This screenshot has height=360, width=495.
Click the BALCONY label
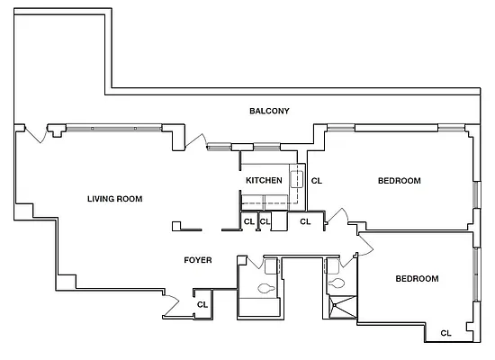(x=269, y=112)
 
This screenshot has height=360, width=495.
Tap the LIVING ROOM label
(x=114, y=199)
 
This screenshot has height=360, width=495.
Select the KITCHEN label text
(x=264, y=181)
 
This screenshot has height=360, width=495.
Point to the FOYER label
(x=198, y=260)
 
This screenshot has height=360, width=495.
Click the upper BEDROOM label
(x=399, y=181)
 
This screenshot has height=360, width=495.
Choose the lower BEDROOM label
(x=417, y=279)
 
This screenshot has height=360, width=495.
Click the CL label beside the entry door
(x=203, y=305)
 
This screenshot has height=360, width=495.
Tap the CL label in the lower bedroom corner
(x=445, y=334)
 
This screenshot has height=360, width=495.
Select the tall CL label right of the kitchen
(x=316, y=181)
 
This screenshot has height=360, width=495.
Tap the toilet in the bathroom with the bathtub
(x=266, y=288)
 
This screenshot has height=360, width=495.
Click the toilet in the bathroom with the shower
(x=337, y=283)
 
